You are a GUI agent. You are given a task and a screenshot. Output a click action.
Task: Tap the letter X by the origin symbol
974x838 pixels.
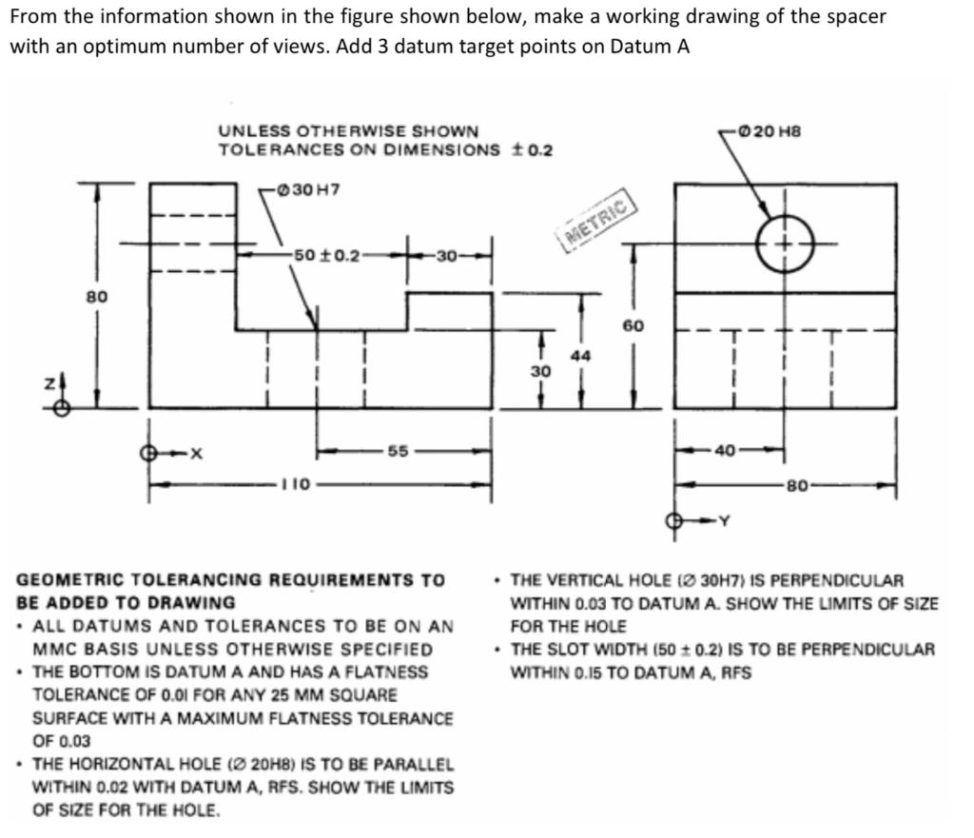click(x=196, y=454)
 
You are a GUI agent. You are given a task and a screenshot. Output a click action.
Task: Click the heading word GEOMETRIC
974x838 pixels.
click(x=71, y=579)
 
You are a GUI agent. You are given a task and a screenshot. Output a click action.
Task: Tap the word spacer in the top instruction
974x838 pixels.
click(x=858, y=17)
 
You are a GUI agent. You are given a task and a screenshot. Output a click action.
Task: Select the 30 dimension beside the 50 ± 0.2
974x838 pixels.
click(x=448, y=255)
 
